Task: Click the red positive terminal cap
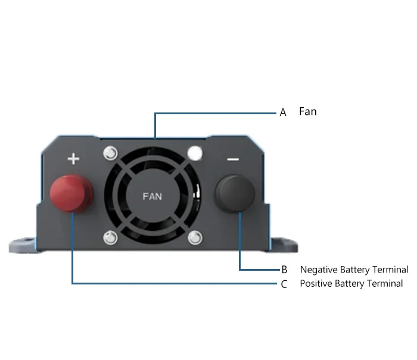click(71, 193)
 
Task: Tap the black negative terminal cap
click(235, 193)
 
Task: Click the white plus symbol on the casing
click(73, 159)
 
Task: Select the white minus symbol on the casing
click(233, 159)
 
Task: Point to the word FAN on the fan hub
click(152, 196)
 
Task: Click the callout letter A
click(283, 112)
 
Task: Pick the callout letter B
click(284, 270)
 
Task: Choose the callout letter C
click(284, 284)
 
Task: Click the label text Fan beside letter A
click(308, 112)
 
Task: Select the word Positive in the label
click(316, 283)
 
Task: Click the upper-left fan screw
click(110, 153)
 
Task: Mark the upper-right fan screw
click(195, 153)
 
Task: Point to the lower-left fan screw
click(110, 237)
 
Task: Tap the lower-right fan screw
click(195, 237)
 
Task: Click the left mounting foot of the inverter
click(23, 245)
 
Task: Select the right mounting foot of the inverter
click(284, 245)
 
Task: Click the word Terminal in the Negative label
click(390, 270)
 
